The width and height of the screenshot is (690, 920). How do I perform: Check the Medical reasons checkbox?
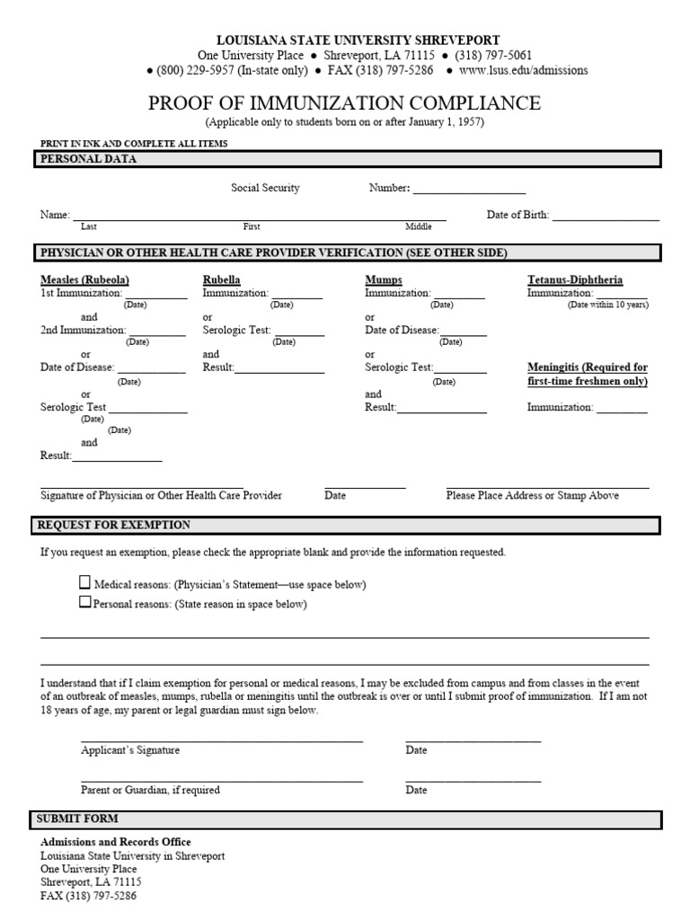(85, 582)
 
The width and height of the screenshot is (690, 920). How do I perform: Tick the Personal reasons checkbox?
(85, 603)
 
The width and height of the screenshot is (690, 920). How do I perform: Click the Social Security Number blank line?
(469, 191)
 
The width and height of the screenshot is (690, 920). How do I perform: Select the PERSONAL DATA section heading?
(87, 159)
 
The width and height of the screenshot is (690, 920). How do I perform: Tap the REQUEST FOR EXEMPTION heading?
(113, 525)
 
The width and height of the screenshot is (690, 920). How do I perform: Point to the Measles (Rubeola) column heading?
(84, 280)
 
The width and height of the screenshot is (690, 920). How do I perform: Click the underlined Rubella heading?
(222, 280)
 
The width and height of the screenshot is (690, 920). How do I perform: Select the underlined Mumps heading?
(384, 280)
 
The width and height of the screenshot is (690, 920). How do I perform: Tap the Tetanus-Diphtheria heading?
(574, 280)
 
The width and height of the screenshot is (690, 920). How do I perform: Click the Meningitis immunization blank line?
(622, 411)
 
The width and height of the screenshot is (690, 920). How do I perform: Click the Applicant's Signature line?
(222, 740)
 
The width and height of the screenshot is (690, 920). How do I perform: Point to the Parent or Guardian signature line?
(222, 781)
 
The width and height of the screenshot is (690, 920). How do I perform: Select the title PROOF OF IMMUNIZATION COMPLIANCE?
(344, 102)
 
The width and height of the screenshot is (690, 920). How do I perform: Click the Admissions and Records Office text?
(116, 842)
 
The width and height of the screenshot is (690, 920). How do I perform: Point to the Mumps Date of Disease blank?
(463, 333)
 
